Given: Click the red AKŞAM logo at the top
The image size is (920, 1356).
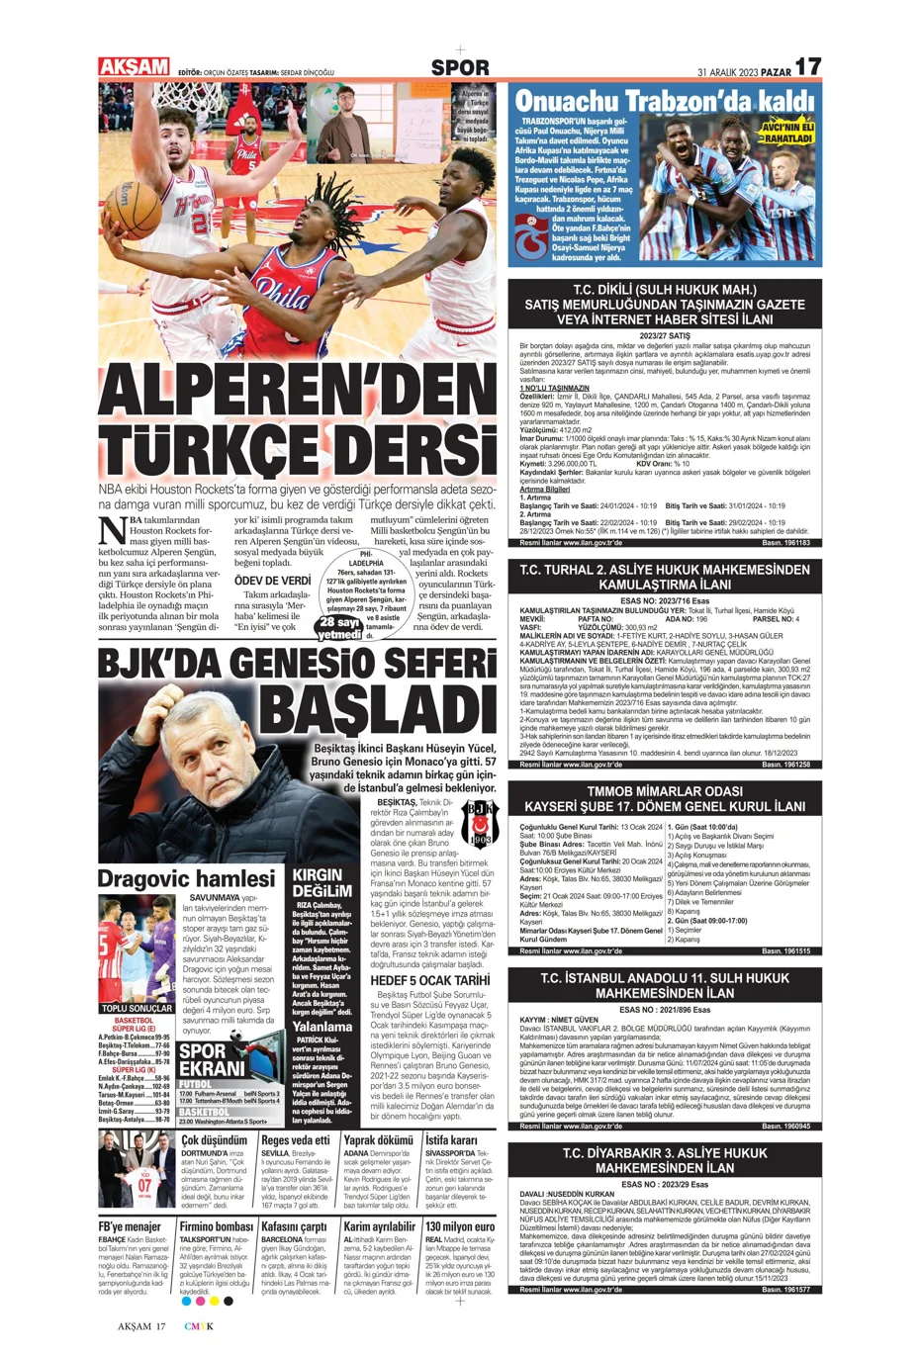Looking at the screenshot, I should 134,67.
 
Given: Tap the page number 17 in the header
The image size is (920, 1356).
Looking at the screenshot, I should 808,67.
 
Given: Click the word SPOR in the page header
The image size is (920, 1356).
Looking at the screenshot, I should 460,68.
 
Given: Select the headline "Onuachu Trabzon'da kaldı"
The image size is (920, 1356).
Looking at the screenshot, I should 663,101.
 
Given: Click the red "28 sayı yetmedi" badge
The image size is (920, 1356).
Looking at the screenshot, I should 340,628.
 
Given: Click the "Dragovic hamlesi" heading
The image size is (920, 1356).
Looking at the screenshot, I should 186,879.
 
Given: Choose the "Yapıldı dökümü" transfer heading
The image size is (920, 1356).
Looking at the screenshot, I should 378,1140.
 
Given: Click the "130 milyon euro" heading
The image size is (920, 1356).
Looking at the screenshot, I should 460,1227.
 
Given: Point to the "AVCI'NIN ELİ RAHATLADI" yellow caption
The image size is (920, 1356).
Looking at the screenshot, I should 786,134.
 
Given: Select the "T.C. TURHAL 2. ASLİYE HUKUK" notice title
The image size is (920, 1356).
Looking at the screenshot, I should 665,577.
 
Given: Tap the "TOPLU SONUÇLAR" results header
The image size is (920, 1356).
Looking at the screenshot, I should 137,1009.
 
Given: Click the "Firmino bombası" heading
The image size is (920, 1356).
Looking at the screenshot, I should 216,1227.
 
